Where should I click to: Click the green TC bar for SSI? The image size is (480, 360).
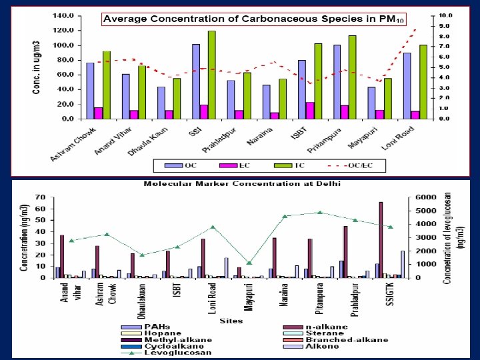point(211,75)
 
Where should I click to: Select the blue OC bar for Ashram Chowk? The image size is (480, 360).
point(90,91)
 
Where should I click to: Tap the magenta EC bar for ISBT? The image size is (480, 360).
point(291,111)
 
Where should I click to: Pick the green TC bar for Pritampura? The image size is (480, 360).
point(352,77)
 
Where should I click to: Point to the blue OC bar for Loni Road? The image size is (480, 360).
point(407,86)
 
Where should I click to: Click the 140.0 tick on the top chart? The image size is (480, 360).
point(63,15)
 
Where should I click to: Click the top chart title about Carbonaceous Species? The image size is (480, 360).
point(253,19)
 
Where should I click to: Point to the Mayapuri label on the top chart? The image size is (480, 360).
point(365,135)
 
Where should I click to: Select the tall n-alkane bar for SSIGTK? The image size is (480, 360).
point(381,239)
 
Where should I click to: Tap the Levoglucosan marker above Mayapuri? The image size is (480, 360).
point(249,263)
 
